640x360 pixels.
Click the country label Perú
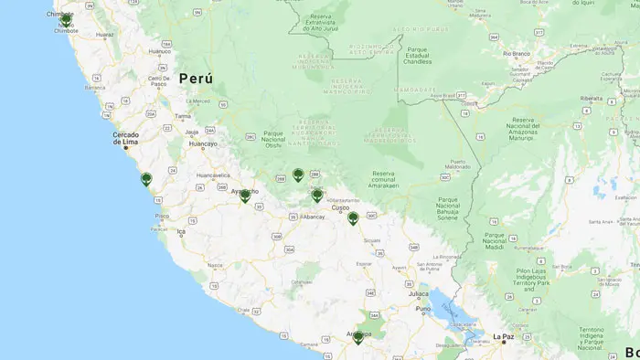196,79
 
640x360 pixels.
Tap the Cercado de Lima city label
126,138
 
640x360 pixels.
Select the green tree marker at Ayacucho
245,195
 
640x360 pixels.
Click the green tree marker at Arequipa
357,337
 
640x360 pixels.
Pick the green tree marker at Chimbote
66,18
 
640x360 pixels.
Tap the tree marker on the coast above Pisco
146,179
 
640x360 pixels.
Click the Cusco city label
340,207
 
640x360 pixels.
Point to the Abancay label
314,217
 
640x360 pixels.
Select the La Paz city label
504,336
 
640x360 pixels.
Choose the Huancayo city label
202,143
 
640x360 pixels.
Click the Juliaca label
418,294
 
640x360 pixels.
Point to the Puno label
422,309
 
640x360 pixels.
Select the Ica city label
180,231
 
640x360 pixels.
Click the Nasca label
215,265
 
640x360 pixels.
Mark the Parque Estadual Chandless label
418,55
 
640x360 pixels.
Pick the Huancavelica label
213,175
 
